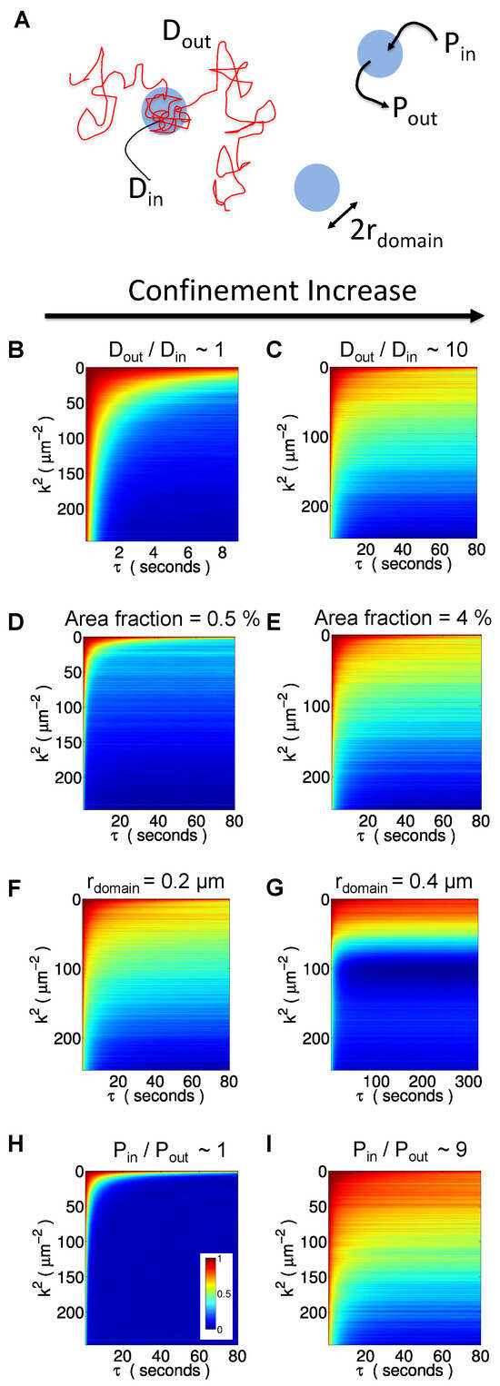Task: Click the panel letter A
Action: tap(22, 21)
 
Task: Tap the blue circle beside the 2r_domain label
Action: tap(316, 186)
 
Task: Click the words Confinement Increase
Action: tap(273, 291)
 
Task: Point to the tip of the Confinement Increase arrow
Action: tap(484, 316)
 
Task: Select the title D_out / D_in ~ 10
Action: tap(404, 351)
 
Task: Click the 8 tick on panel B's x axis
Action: tap(222, 552)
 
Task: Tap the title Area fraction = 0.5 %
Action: tap(163, 619)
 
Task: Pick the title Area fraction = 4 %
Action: tap(403, 618)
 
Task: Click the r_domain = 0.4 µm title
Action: tap(404, 882)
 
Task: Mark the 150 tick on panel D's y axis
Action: tap(74, 743)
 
